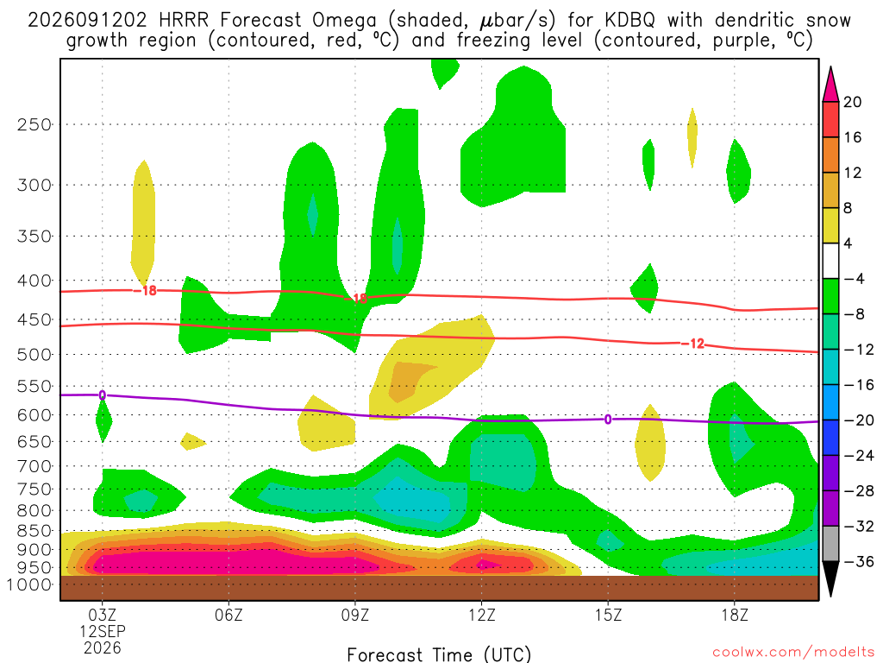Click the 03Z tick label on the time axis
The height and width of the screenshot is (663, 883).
pos(102,615)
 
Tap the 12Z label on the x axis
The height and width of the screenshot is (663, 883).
pos(481,615)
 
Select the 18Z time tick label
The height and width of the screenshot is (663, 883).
pos(735,615)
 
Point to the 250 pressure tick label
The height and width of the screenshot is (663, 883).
pos(34,124)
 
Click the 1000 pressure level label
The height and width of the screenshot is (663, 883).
pos(29,584)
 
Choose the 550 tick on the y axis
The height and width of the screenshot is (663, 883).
pos(34,387)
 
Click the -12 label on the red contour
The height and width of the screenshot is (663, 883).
pos(692,344)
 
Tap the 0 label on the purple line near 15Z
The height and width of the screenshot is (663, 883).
pos(608,420)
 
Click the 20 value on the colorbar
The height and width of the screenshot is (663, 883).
pos(852,102)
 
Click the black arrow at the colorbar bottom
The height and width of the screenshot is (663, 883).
pos(830,578)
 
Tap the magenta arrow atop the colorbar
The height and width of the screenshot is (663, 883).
pos(830,85)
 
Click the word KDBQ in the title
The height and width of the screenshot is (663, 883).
pos(630,21)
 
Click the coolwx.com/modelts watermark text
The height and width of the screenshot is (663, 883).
pos(793,652)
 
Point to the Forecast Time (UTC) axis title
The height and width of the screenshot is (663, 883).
pos(439,654)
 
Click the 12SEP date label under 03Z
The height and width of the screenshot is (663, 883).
pos(102,631)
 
